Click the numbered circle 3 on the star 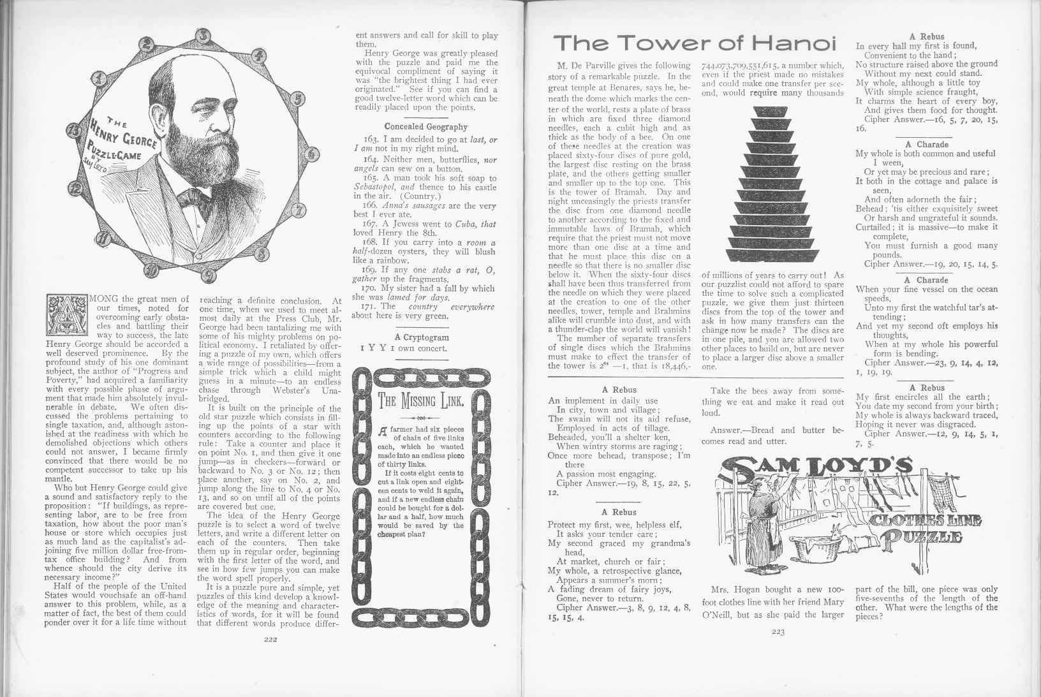(203, 36)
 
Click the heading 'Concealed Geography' (425, 127)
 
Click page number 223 (778, 633)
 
